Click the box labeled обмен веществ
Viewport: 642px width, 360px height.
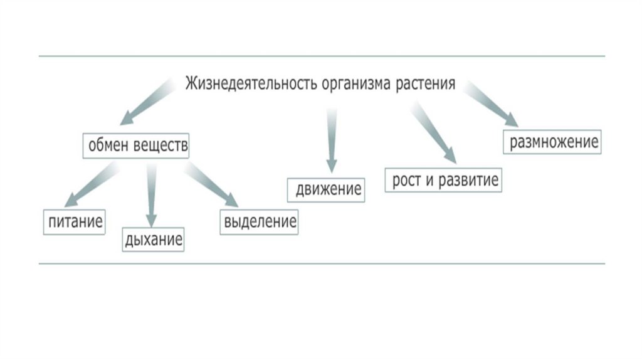click(136, 146)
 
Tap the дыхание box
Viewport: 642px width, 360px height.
click(154, 239)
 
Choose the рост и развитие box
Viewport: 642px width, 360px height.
click(444, 180)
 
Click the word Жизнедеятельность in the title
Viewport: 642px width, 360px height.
click(251, 83)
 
